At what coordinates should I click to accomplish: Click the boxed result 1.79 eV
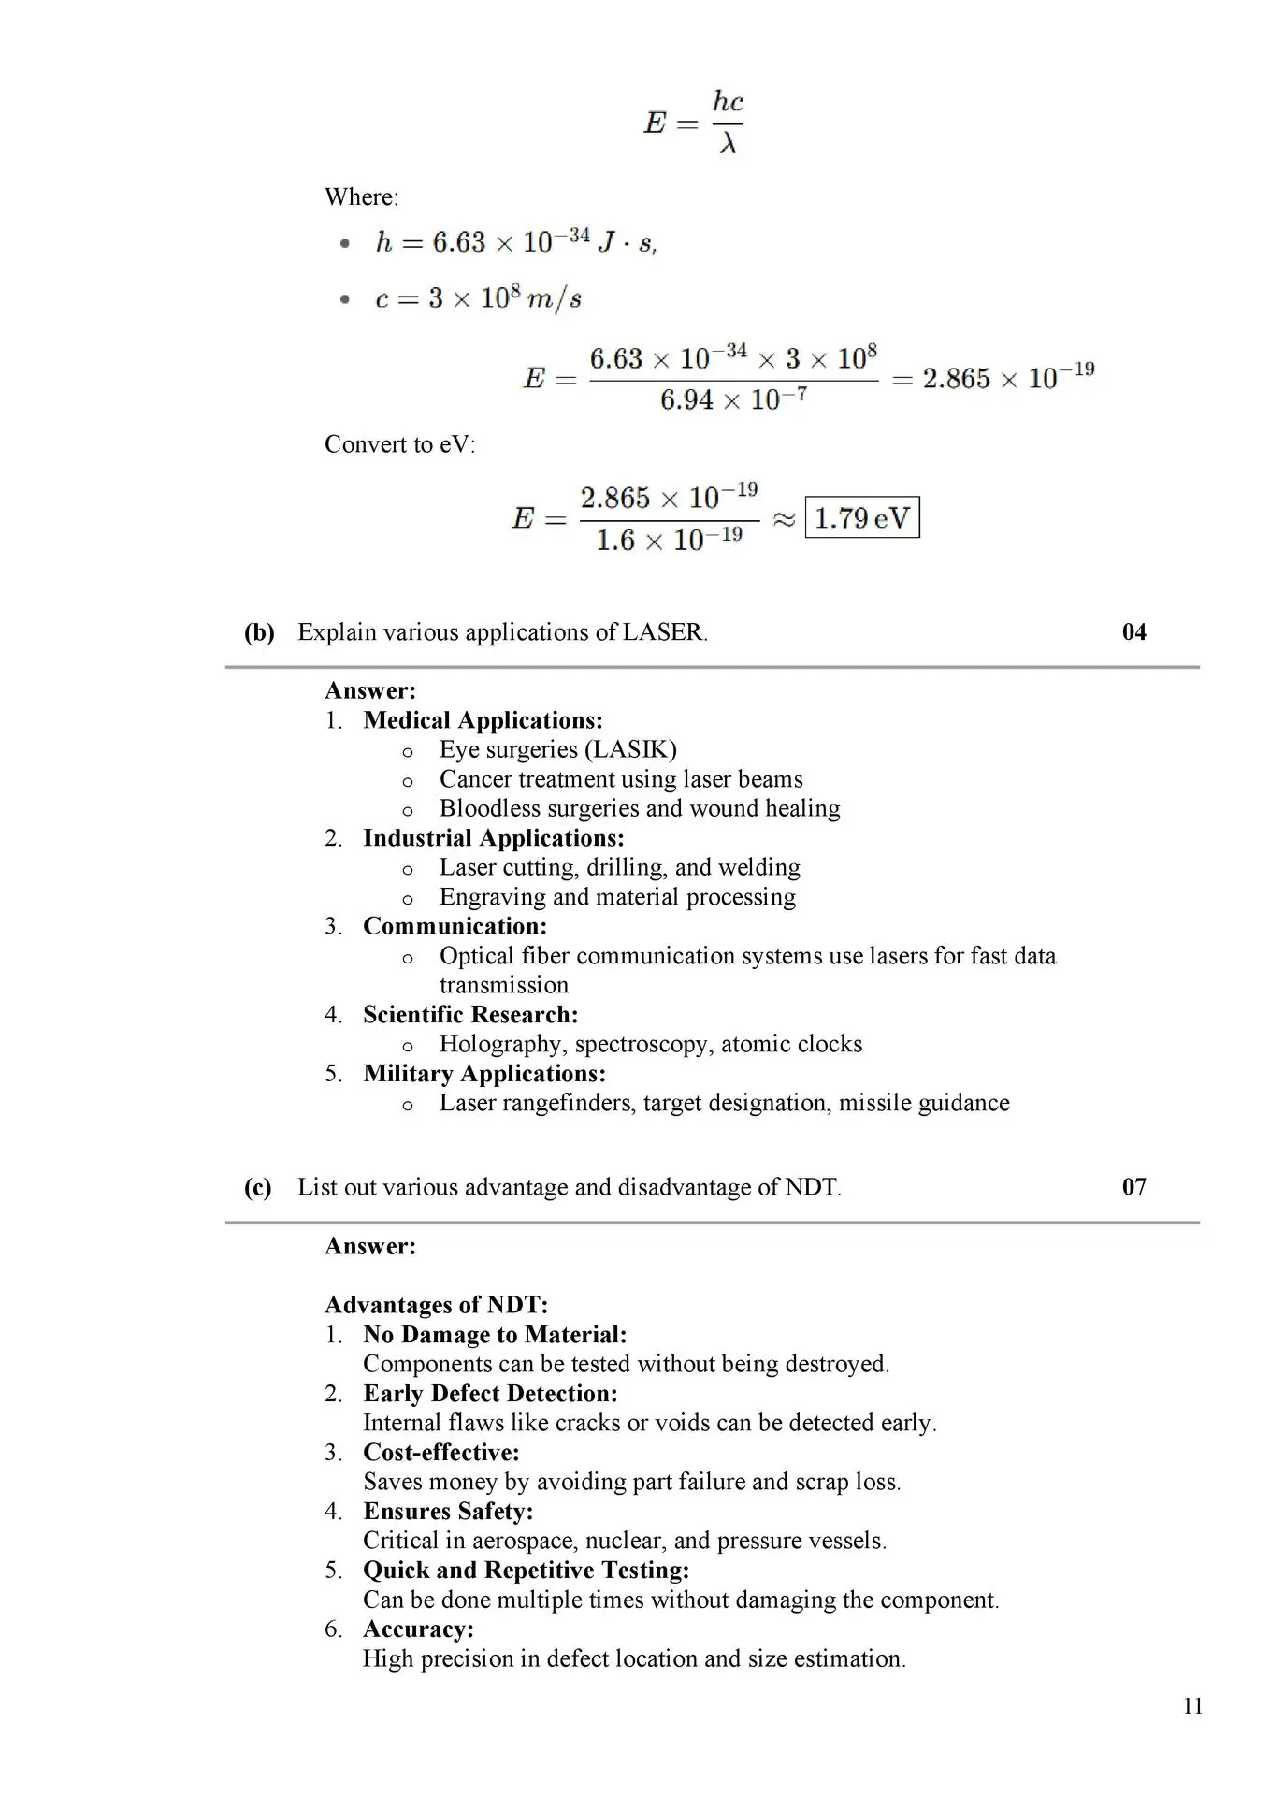[x=861, y=517]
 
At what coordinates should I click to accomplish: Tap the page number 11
[x=1192, y=1705]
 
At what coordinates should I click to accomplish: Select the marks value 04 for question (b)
[x=1133, y=632]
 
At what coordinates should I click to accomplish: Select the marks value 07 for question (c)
[x=1133, y=1187]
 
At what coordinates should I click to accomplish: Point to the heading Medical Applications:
[x=483, y=720]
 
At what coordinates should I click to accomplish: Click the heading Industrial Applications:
[x=493, y=838]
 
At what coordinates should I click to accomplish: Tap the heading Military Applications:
[x=483, y=1074]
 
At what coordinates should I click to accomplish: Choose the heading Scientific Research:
[x=470, y=1015]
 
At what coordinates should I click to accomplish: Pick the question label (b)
[x=259, y=632]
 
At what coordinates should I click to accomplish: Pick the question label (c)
[x=258, y=1187]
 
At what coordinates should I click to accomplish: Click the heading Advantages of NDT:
[x=436, y=1305]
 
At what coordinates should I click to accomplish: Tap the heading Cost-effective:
[x=440, y=1453]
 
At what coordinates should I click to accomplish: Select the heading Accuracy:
[x=418, y=1629]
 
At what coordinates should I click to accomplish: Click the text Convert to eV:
[x=399, y=444]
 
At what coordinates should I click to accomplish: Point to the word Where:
[x=361, y=197]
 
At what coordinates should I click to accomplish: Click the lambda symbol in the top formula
[x=728, y=143]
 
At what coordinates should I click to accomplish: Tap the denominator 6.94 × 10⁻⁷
[x=733, y=400]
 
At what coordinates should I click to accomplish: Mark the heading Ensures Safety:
[x=448, y=1512]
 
